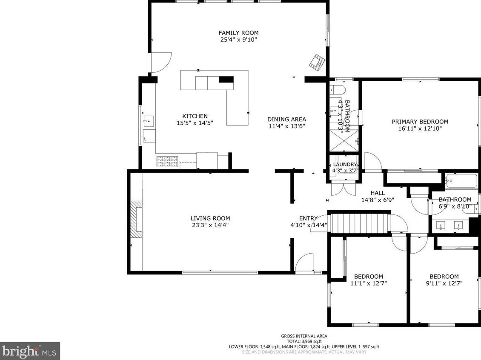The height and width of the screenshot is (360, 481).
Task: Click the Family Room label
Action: pos(238,32)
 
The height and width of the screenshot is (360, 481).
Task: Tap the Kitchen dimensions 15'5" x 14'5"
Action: pos(195,123)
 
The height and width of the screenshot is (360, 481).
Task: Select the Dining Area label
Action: pos(286,119)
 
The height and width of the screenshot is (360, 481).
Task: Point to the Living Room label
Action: pos(210,218)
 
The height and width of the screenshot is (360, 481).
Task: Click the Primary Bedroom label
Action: pos(420,122)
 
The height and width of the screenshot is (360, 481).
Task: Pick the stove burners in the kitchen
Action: pos(167,162)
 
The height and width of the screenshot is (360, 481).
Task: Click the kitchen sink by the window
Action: pos(149,121)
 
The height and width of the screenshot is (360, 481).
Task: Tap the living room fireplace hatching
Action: pos(136,219)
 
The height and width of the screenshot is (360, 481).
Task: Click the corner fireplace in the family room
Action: pos(317,62)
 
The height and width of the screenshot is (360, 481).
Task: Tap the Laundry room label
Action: pos(345,164)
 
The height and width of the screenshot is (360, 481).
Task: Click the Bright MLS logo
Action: pos(30,351)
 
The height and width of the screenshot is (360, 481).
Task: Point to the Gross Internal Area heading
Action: pos(304,336)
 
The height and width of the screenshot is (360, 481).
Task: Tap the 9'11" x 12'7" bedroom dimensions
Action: pos(444,283)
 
